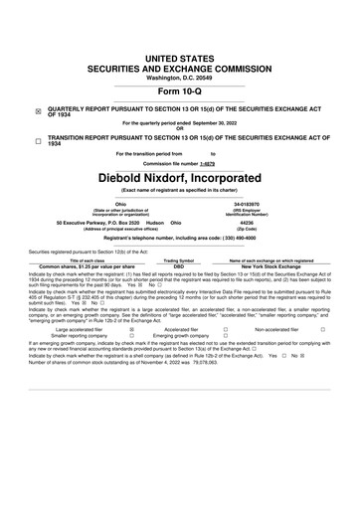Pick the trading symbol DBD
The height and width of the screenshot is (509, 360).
pos(179,267)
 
